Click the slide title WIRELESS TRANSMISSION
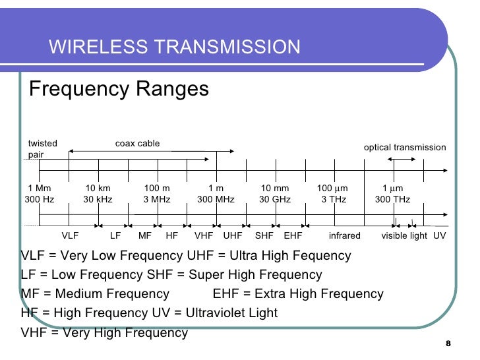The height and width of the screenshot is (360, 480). point(175,47)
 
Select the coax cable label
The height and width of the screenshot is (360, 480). point(137,143)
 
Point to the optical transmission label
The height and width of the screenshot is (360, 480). point(405,147)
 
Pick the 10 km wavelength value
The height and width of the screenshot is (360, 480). point(99,189)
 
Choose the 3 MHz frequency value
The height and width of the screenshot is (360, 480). point(157,199)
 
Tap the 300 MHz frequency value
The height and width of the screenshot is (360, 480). point(216,199)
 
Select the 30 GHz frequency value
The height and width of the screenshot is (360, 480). point(275,199)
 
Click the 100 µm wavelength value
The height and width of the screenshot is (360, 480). point(333,189)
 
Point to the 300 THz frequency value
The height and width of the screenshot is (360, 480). point(392,199)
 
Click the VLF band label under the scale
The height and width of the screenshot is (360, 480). point(70,235)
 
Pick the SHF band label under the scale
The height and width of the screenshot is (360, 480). point(264,235)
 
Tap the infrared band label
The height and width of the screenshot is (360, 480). point(345,235)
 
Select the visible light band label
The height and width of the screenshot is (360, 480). point(404,235)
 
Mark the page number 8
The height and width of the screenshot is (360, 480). point(448,344)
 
